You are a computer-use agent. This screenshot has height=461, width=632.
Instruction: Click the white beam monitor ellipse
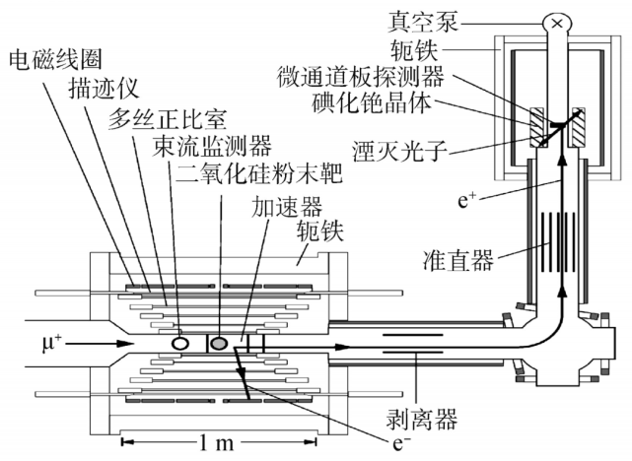pyautogui.click(x=182, y=342)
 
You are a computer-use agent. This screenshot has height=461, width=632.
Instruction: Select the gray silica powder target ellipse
pyautogui.click(x=219, y=342)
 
